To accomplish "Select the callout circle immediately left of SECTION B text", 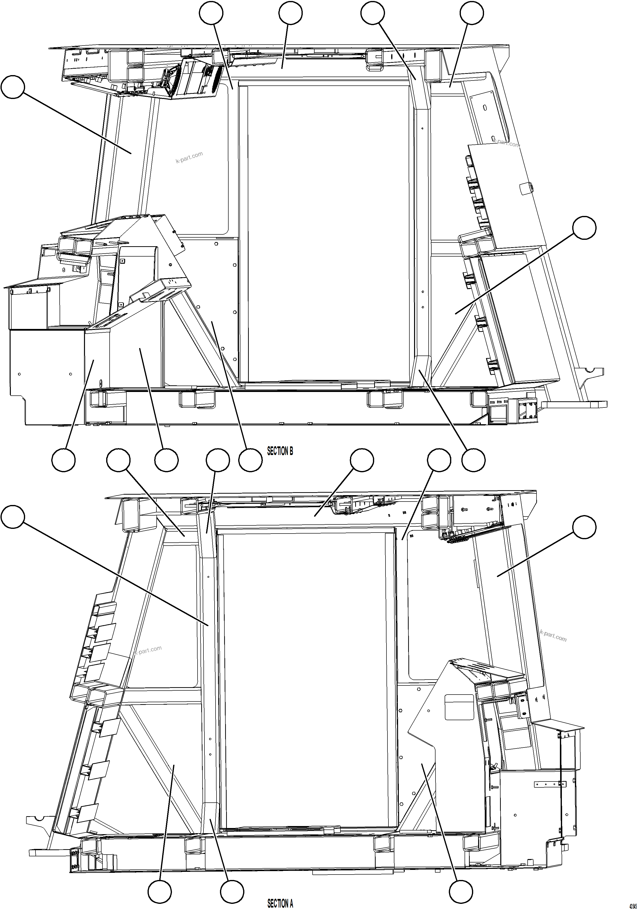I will tap(250, 460).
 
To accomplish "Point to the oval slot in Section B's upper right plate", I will tap(485, 107).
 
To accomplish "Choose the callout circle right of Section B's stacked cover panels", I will tap(584, 228).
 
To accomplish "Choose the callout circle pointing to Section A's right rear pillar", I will tap(584, 527).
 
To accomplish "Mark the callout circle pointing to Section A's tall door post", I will tap(13, 517).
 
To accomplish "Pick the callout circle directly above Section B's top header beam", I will tap(290, 13).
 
